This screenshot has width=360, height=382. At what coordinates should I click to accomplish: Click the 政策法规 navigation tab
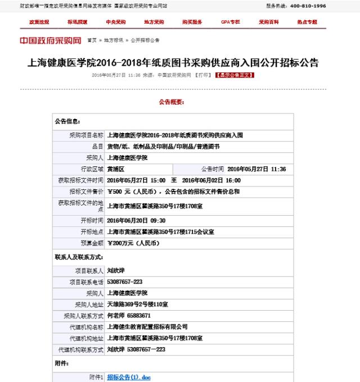[39, 22]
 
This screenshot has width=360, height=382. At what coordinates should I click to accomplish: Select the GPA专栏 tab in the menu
[230, 22]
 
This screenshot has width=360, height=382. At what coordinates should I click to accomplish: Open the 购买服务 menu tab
[192, 22]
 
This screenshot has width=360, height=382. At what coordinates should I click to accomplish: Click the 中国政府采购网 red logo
[51, 41]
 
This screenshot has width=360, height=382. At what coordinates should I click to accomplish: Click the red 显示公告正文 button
[235, 75]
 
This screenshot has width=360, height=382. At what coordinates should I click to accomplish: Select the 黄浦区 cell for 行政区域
[117, 169]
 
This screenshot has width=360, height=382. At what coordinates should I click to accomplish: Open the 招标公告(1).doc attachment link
[129, 377]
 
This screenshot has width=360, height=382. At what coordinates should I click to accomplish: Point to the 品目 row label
[97, 146]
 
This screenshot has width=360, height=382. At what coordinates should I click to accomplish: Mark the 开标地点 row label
[92, 231]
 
